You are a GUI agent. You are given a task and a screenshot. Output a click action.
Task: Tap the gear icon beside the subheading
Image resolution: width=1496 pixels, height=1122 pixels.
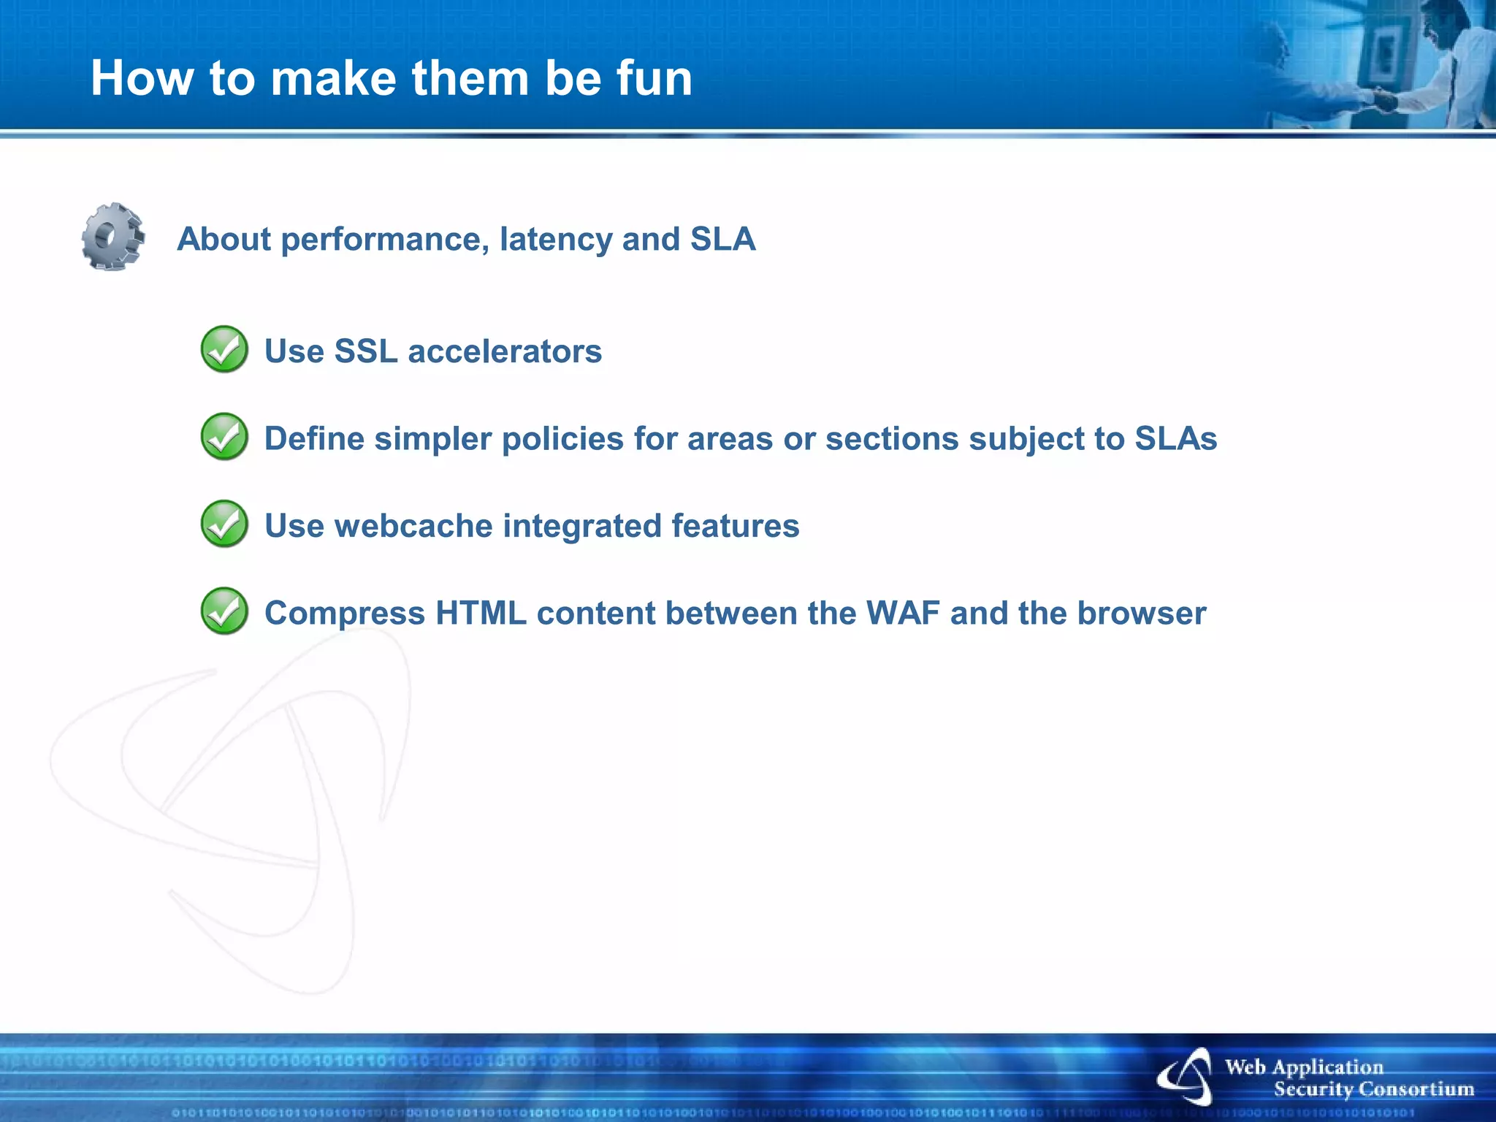(112, 237)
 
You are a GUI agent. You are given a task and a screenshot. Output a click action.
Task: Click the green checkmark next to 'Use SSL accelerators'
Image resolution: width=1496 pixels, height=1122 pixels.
(224, 349)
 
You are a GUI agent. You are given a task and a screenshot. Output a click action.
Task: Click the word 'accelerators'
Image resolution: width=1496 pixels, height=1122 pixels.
(505, 351)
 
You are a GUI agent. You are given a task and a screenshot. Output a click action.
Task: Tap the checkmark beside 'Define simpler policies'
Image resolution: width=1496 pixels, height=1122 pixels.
(224, 437)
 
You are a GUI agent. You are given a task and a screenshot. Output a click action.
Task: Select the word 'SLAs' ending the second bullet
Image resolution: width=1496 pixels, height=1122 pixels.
(1175, 439)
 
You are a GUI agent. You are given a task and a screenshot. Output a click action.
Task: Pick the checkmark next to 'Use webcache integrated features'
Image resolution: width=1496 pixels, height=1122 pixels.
(224, 524)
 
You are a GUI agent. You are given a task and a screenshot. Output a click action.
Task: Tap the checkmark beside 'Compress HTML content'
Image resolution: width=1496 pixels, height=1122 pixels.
(224, 611)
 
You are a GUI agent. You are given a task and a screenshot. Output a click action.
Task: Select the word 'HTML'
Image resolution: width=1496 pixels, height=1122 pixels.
(481, 613)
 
